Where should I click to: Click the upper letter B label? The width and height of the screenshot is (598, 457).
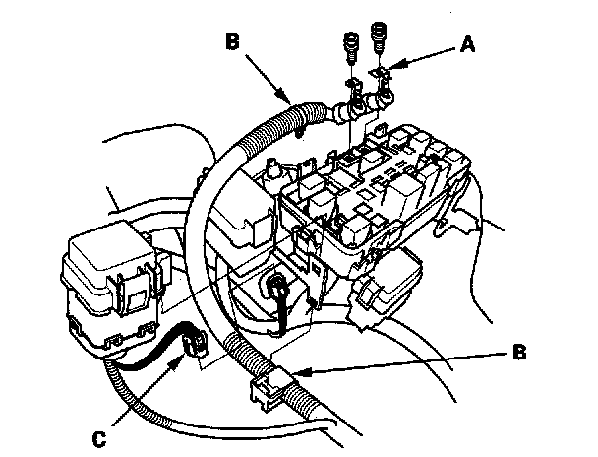point(231,44)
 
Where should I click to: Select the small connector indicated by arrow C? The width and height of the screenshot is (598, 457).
point(192,341)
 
